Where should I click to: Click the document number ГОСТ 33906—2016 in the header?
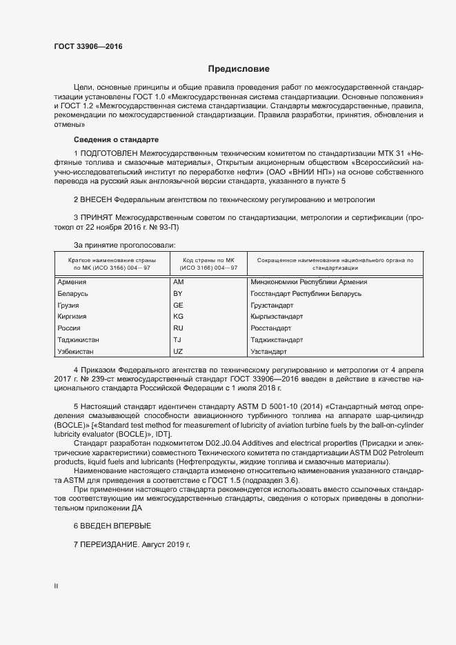(x=88, y=47)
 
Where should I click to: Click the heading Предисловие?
(x=239, y=69)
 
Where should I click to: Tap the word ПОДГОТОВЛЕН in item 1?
(x=109, y=152)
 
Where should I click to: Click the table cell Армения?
(x=72, y=282)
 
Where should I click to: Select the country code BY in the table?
(x=177, y=294)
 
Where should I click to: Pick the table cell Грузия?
(x=69, y=305)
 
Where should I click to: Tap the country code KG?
(x=178, y=317)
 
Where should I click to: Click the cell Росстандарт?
(x=272, y=328)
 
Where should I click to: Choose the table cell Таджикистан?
(x=79, y=340)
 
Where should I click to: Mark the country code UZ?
(x=178, y=352)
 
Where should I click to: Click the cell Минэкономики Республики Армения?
(x=309, y=282)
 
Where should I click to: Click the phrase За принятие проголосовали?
(x=124, y=246)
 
